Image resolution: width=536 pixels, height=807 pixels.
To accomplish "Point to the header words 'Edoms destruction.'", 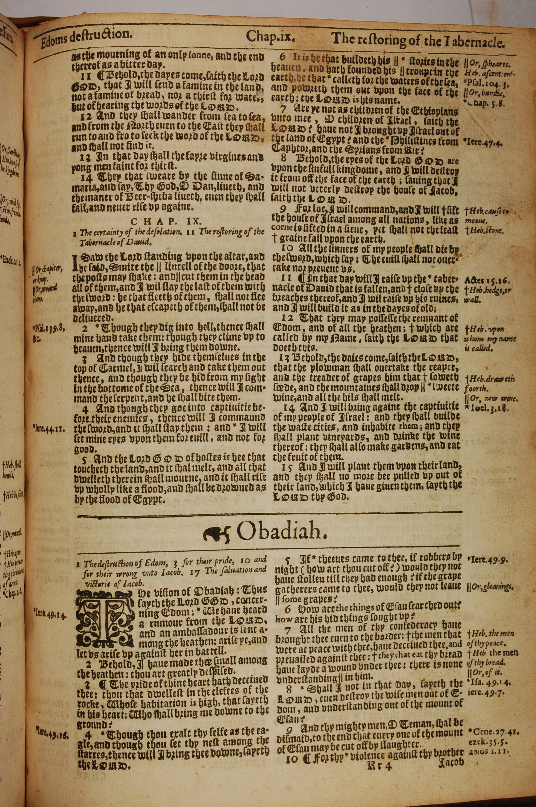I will (x=86, y=35).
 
